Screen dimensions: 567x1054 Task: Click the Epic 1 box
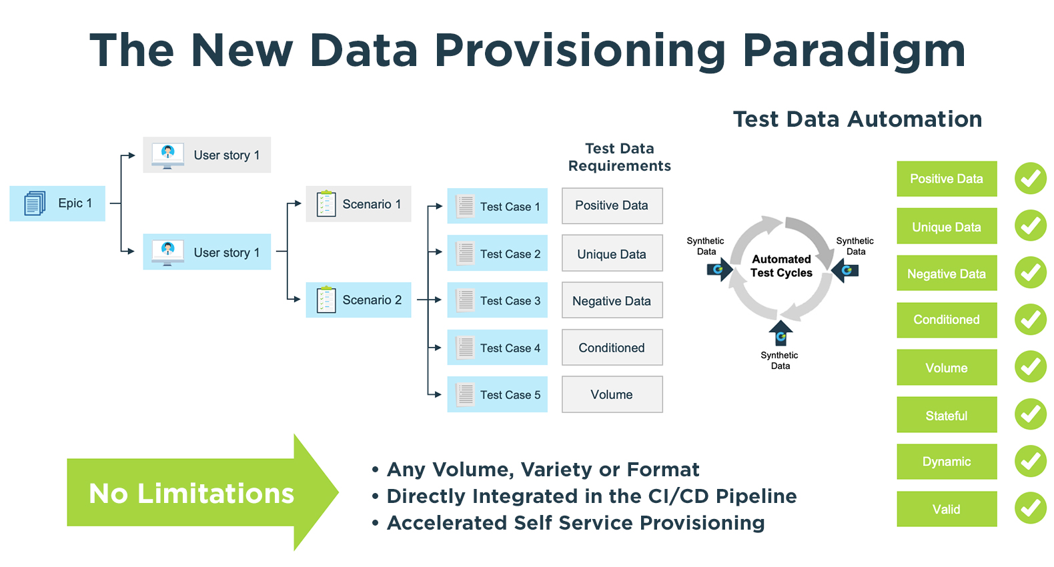pyautogui.click(x=57, y=203)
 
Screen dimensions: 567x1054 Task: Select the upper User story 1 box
pyautogui.click(x=207, y=155)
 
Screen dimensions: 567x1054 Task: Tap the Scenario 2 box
pyautogui.click(x=359, y=300)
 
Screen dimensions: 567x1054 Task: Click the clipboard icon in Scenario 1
pyautogui.click(x=326, y=204)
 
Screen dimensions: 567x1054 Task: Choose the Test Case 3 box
pyautogui.click(x=497, y=301)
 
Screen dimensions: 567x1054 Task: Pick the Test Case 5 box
pyautogui.click(x=497, y=395)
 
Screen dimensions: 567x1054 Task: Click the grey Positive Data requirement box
pyautogui.click(x=612, y=205)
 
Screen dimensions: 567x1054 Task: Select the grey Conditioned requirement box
pyautogui.click(x=612, y=348)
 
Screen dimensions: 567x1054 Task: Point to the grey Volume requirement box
pyautogui.click(x=612, y=395)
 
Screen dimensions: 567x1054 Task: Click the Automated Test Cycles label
pyautogui.click(x=781, y=266)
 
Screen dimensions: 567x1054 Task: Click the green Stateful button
pyautogui.click(x=946, y=416)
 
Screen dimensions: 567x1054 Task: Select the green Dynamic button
pyautogui.click(x=946, y=462)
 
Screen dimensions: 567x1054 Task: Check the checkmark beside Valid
pyautogui.click(x=1031, y=509)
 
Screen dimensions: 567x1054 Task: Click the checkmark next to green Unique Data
pyautogui.click(x=1031, y=226)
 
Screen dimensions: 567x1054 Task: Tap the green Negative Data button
pyautogui.click(x=946, y=273)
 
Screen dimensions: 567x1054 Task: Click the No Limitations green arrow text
pyautogui.click(x=191, y=494)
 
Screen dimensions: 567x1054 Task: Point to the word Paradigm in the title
pyautogui.click(x=854, y=51)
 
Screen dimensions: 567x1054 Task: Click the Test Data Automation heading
pyautogui.click(x=857, y=119)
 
